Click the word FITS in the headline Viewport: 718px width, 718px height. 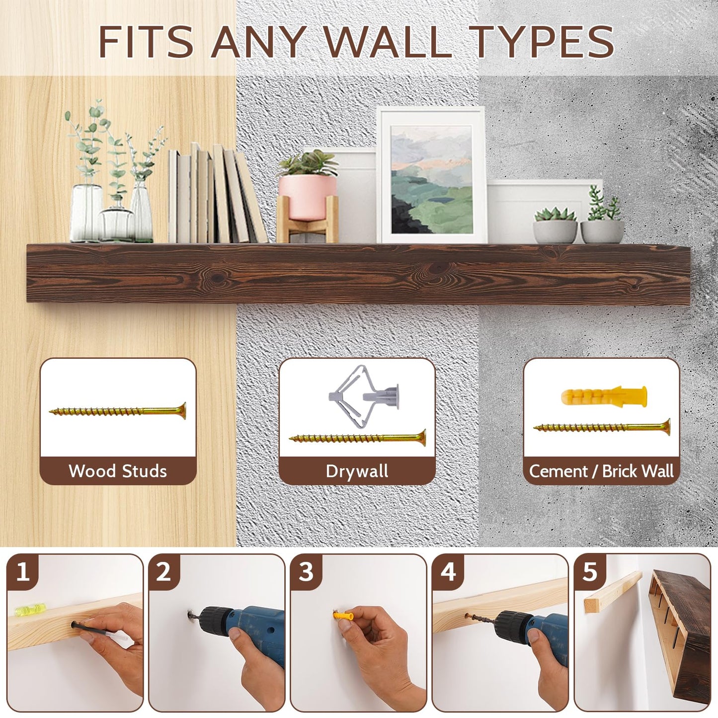click(146, 41)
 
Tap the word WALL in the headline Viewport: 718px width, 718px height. click(388, 41)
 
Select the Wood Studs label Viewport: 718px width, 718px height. click(118, 471)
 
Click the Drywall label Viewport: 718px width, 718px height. click(357, 471)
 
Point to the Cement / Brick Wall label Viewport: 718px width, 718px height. click(601, 471)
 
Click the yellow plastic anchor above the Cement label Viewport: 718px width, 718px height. click(604, 396)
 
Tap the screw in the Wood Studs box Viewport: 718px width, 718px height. click(118, 411)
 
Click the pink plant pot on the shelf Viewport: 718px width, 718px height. click(308, 197)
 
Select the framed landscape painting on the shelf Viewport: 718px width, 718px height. click(431, 175)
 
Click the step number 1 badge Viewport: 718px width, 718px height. click(23, 572)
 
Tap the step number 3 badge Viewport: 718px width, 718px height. click(306, 572)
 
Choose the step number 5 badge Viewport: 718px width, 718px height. click(590, 572)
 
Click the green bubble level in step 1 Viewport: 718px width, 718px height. click(30, 610)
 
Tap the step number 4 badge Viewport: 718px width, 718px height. click(448, 572)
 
